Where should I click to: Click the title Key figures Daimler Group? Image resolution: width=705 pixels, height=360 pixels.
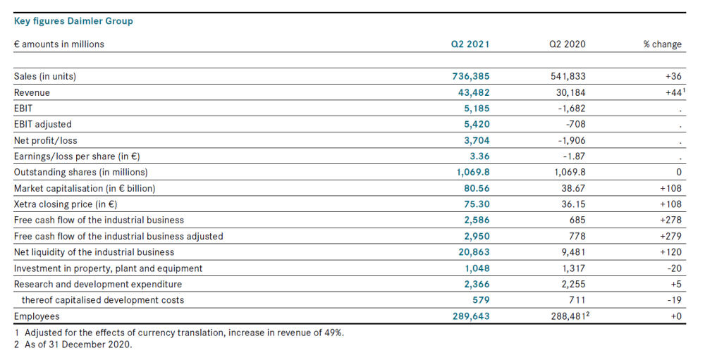73,21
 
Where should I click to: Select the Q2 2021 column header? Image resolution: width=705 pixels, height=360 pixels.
470,44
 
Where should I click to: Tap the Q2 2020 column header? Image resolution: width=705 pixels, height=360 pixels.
568,44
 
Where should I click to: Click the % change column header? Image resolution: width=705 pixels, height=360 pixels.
662,44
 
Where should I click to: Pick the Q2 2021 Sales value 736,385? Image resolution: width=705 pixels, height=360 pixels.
471,76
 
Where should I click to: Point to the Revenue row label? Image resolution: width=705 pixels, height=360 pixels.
32,92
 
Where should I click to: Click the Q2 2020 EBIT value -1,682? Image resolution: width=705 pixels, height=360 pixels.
572,108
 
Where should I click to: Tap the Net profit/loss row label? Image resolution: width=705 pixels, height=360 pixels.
45,141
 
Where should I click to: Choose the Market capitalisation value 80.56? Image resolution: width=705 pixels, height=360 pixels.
477,188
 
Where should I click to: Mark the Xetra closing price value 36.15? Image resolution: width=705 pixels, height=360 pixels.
574,204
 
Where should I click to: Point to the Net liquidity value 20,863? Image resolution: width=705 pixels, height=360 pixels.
474,252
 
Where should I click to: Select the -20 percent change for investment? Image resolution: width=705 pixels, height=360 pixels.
675,268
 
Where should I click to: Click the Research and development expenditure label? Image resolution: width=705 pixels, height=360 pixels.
98,285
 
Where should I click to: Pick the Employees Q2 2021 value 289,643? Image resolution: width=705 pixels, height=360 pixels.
471,316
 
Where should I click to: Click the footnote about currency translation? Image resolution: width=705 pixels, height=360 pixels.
180,333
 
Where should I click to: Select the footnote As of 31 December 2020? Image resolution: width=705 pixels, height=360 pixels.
73,345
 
